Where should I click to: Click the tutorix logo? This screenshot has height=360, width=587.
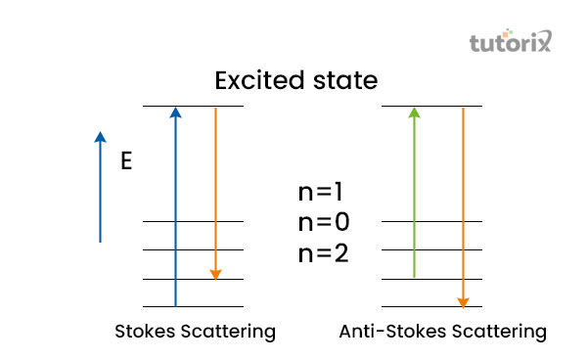click(x=511, y=43)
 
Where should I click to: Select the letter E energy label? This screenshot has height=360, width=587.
click(x=125, y=161)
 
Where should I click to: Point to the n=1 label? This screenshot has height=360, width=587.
click(x=324, y=193)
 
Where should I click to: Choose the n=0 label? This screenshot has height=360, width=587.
click(x=324, y=222)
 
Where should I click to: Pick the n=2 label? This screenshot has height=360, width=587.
click(x=324, y=253)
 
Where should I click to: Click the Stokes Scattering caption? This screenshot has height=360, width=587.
click(x=196, y=332)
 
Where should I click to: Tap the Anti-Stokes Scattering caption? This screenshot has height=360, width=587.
click(x=442, y=332)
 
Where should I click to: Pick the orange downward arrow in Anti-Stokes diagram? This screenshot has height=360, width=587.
click(x=463, y=205)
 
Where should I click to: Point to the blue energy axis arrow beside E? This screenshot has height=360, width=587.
click(x=100, y=186)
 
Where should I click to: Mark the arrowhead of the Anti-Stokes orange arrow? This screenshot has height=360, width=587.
click(x=463, y=301)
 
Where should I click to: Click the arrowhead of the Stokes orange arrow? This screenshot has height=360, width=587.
click(x=215, y=274)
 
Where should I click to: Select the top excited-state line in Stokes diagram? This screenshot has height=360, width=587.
click(x=193, y=106)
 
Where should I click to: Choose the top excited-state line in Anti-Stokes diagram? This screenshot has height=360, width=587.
click(x=431, y=106)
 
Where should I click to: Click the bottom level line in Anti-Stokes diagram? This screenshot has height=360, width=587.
click(x=431, y=307)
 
